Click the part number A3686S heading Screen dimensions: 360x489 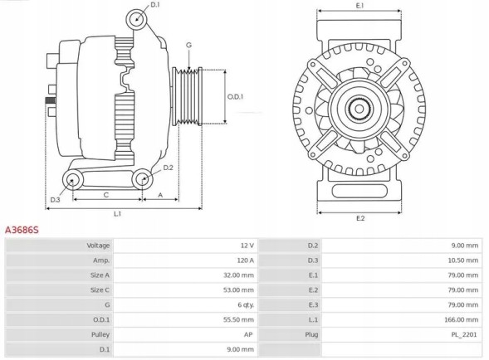[x=22, y=228]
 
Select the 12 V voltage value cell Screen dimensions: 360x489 [x=247, y=246]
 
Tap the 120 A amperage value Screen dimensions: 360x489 [x=245, y=260]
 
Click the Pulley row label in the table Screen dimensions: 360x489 [x=100, y=334]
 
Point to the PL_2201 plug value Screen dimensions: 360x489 [x=465, y=334]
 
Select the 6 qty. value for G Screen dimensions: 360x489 [x=244, y=304]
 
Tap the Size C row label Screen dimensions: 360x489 [x=99, y=289]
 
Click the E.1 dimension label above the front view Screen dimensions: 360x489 [x=359, y=6]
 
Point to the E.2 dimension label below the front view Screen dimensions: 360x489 [x=360, y=218]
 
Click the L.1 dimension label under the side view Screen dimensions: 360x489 [x=118, y=214]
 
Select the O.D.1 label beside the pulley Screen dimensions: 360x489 [x=236, y=97]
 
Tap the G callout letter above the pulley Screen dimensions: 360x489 [x=188, y=44]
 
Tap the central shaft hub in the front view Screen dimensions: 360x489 [x=359, y=109]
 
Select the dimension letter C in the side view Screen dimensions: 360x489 [x=106, y=195]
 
